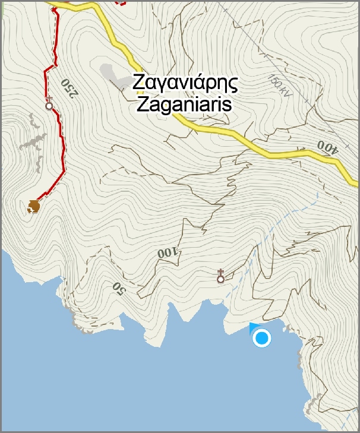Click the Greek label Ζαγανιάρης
pos(185,82)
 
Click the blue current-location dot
pos(261,338)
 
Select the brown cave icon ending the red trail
pos(34,206)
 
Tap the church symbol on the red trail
pos(49,104)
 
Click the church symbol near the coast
pos(220,276)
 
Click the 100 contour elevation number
pos(168,252)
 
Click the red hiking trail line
pos(60,148)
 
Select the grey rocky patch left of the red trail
pos(33,143)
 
